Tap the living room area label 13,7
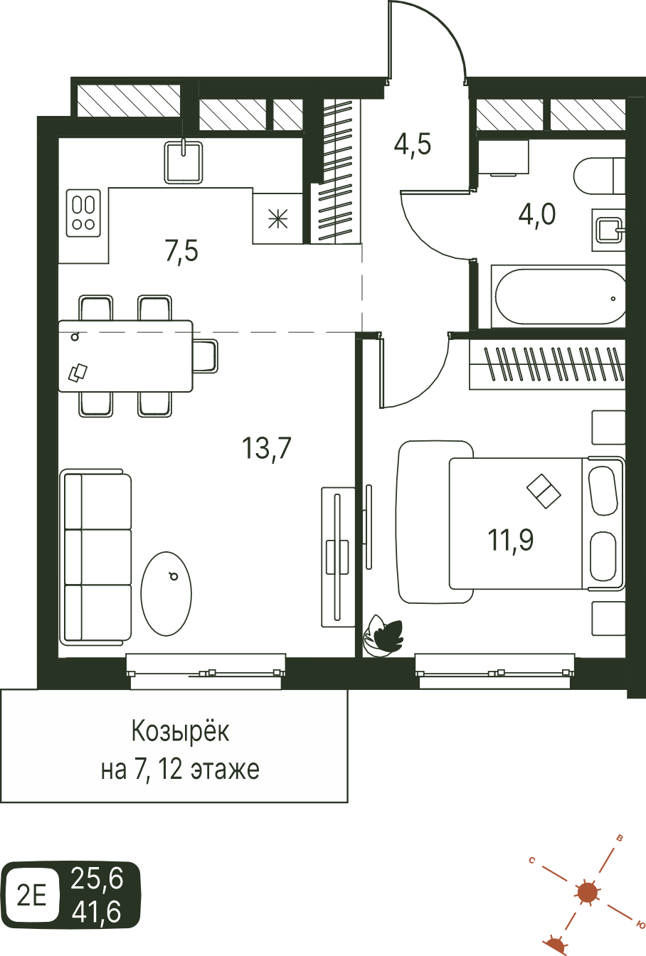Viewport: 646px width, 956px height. tap(266, 449)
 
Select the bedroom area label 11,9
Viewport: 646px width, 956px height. tap(511, 540)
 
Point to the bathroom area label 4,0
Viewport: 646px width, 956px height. tap(537, 214)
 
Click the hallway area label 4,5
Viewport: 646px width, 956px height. tap(413, 144)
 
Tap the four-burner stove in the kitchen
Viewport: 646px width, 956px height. tap(83, 213)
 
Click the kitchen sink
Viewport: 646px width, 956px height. tap(183, 162)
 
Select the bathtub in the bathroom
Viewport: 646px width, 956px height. tap(558, 297)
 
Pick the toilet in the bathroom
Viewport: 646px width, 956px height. tap(600, 176)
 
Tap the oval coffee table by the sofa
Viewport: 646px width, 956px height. tap(166, 594)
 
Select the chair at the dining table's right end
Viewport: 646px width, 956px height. tap(206, 356)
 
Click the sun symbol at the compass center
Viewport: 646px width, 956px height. tap(587, 891)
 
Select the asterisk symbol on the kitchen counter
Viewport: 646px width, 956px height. tap(277, 219)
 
